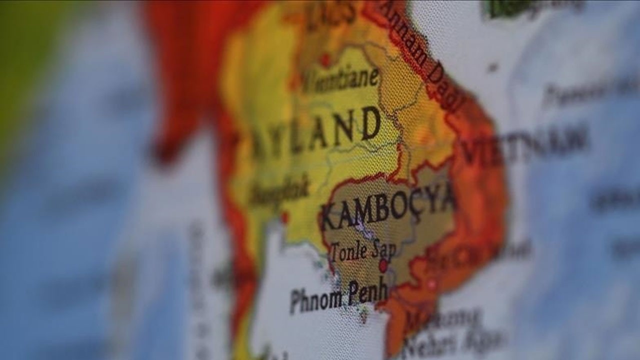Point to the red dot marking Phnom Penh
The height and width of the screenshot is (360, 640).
383,265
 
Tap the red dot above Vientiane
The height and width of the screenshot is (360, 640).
325,60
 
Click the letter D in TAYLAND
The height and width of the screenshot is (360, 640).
370,123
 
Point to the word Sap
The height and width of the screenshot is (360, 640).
383,248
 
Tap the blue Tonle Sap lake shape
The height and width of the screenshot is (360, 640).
362,230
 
